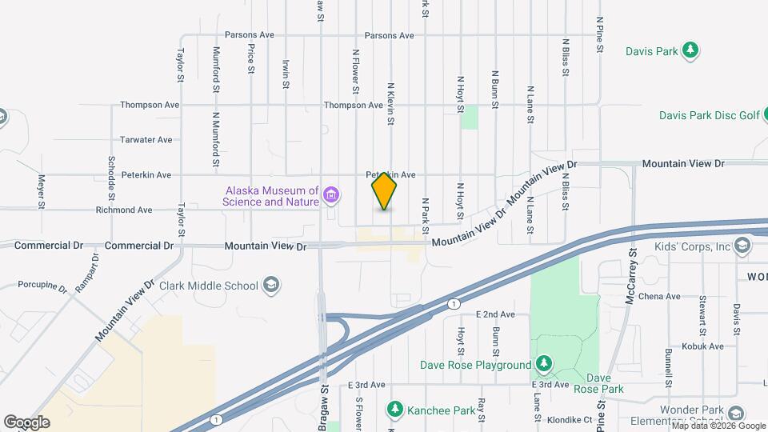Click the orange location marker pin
coord(384,190)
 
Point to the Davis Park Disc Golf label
coord(709,115)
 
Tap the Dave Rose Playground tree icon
coord(544,365)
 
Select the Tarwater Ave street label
coord(146,139)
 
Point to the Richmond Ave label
coord(124,210)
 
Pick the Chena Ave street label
coord(659,296)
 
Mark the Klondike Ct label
coord(570,419)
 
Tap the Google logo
coord(26,422)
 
